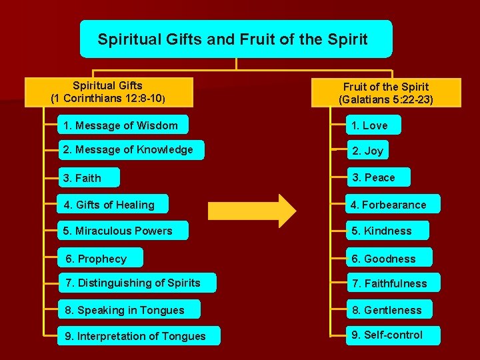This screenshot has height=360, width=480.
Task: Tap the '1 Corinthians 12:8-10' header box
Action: click(109, 92)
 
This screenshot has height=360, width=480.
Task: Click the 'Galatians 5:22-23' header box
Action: click(386, 93)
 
